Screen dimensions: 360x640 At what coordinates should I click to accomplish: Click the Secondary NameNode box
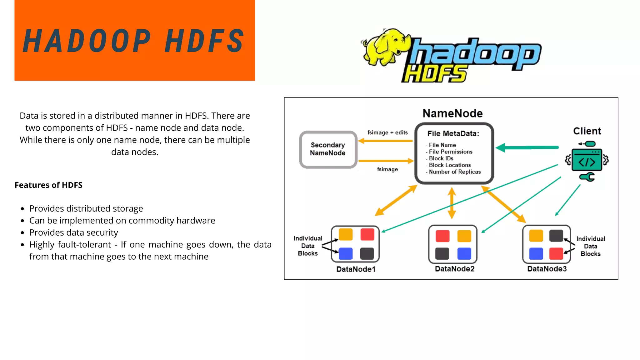click(x=328, y=149)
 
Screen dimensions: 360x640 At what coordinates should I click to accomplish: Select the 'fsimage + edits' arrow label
click(x=387, y=132)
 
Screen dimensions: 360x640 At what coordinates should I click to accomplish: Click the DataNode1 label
click(x=356, y=269)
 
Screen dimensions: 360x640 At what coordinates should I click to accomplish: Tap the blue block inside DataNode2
click(x=464, y=253)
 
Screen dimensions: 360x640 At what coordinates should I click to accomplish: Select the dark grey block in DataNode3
click(x=556, y=236)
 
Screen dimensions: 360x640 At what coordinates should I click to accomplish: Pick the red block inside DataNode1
click(x=367, y=234)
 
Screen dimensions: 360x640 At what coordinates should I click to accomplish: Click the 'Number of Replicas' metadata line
click(x=454, y=172)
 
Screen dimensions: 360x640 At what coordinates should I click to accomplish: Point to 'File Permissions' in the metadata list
click(x=450, y=152)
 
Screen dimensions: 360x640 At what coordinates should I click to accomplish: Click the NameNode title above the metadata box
click(x=452, y=113)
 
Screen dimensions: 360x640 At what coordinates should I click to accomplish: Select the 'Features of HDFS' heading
click(x=48, y=185)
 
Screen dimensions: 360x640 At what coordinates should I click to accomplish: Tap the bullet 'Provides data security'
click(x=74, y=232)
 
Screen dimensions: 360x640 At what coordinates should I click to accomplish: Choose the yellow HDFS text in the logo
click(x=434, y=74)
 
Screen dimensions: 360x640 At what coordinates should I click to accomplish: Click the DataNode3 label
click(x=547, y=269)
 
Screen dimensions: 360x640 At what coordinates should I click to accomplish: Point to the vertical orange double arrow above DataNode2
click(x=452, y=203)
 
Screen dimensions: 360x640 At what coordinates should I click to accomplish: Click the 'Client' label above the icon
click(x=587, y=131)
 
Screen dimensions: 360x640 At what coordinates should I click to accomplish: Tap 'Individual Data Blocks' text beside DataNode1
click(x=308, y=246)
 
